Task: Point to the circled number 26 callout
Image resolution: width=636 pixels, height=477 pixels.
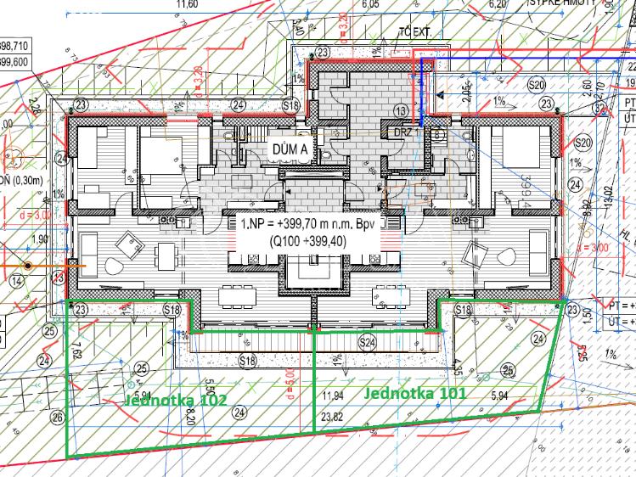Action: click(x=57, y=416)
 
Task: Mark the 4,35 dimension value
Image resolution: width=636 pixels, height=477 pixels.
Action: click(x=458, y=368)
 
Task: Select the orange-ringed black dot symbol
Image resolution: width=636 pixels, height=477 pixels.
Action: click(x=28, y=266)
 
